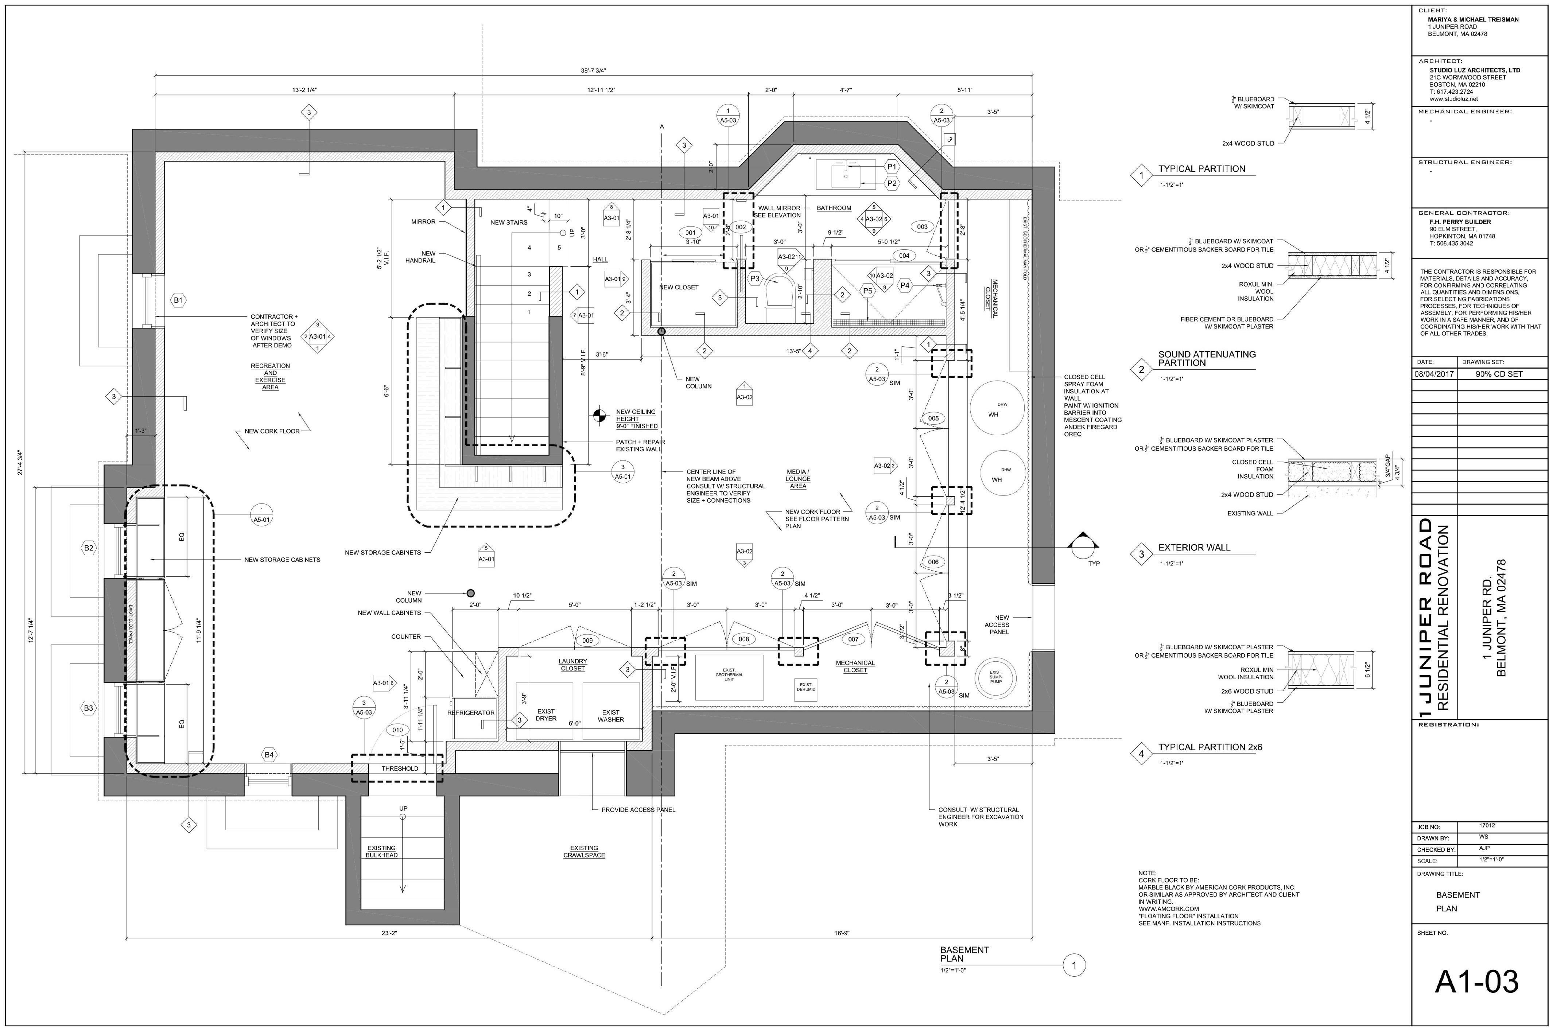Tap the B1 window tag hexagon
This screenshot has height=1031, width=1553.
coord(178,300)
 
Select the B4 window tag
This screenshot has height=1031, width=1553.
coord(269,755)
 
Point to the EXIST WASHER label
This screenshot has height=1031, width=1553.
coord(611,715)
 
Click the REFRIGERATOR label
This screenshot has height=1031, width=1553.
coord(471,713)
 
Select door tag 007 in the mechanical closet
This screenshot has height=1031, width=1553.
coord(853,638)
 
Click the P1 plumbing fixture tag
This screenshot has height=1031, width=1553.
coord(892,167)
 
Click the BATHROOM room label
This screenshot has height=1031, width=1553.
coord(834,208)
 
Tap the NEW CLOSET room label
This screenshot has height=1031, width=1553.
coord(679,287)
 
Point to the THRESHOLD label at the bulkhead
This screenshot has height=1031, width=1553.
coord(399,769)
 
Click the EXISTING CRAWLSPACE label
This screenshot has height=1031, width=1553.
coord(584,852)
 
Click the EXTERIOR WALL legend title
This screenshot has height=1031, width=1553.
coord(1194,547)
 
